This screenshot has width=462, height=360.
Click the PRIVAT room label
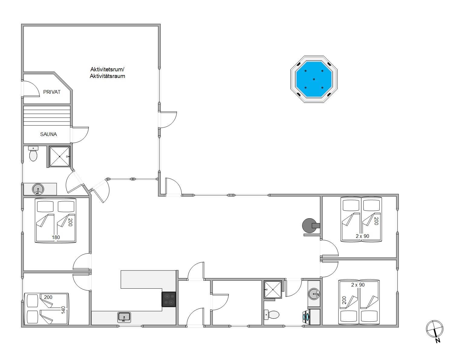52,92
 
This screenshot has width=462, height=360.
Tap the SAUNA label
48,134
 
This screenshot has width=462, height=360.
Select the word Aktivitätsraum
107,76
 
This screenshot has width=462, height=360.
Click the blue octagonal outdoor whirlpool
314,79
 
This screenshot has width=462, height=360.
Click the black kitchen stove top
169,299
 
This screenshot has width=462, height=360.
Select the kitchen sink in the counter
124,317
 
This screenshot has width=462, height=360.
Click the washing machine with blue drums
307,317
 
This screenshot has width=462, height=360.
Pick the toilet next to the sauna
33,154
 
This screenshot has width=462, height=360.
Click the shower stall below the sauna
60,156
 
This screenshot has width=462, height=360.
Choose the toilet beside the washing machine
272,315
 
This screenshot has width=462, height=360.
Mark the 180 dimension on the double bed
56,237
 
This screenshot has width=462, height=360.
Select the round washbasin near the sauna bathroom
38,189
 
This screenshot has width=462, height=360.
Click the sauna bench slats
47,116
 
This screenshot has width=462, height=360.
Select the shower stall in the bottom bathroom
273,290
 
